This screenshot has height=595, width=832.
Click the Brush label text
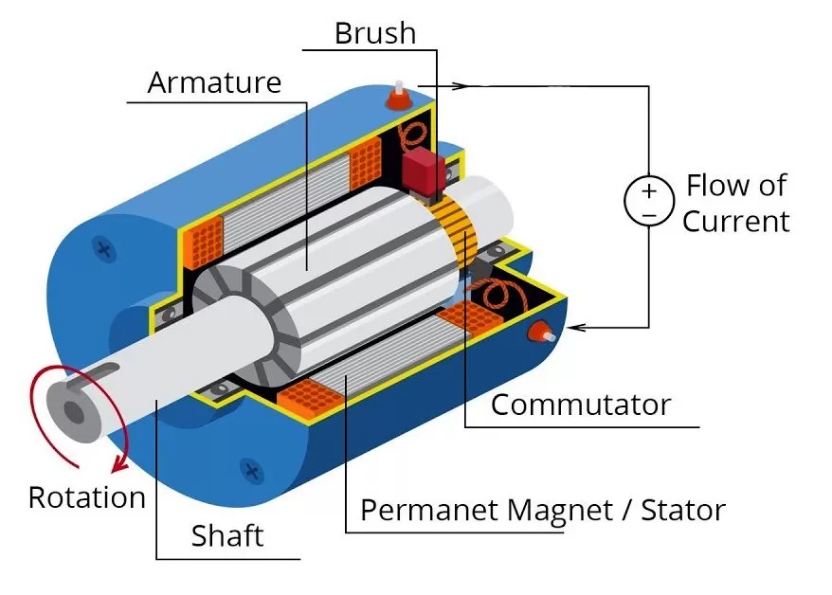375,33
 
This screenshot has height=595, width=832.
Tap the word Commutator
580,406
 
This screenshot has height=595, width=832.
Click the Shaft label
227,535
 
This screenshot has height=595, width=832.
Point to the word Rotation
87,497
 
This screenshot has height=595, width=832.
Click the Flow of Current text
736,203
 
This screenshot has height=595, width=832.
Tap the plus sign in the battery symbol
648,190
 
